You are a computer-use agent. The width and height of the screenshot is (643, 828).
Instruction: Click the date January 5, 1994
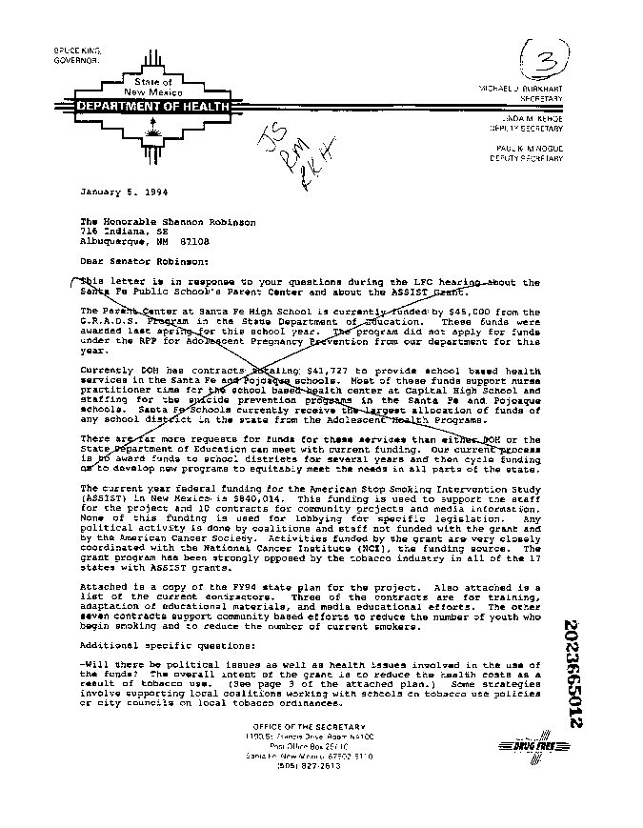(112, 192)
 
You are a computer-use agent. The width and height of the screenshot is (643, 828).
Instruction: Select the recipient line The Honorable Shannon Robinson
(168, 221)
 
